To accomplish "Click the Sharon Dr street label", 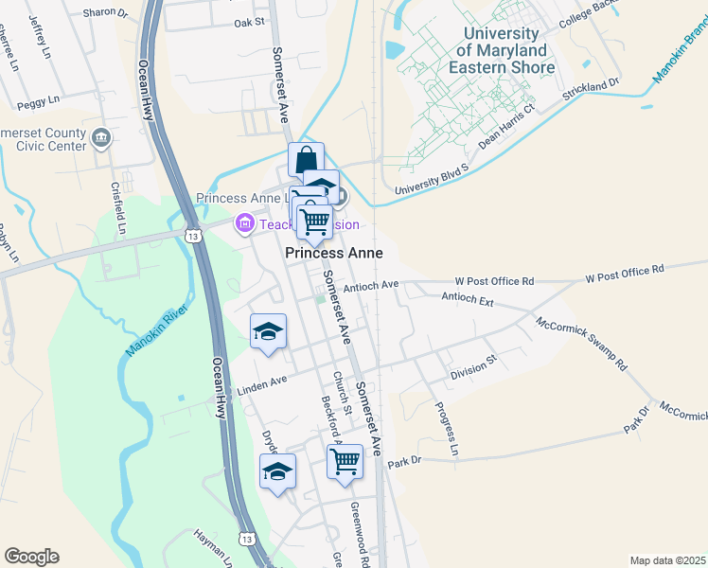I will pyautogui.click(x=105, y=13).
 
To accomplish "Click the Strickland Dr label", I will pyautogui.click(x=591, y=90).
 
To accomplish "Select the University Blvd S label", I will pyautogui.click(x=433, y=181).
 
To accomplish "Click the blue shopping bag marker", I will pyautogui.click(x=306, y=160).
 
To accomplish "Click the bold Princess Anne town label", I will pyautogui.click(x=334, y=254).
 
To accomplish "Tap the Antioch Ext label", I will pyautogui.click(x=468, y=298).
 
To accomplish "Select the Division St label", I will pyautogui.click(x=473, y=368).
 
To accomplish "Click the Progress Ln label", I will pyautogui.click(x=446, y=429).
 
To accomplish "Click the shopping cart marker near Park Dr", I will pyautogui.click(x=345, y=462).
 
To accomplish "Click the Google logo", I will pyautogui.click(x=31, y=557).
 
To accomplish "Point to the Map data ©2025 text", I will pyautogui.click(x=666, y=560).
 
